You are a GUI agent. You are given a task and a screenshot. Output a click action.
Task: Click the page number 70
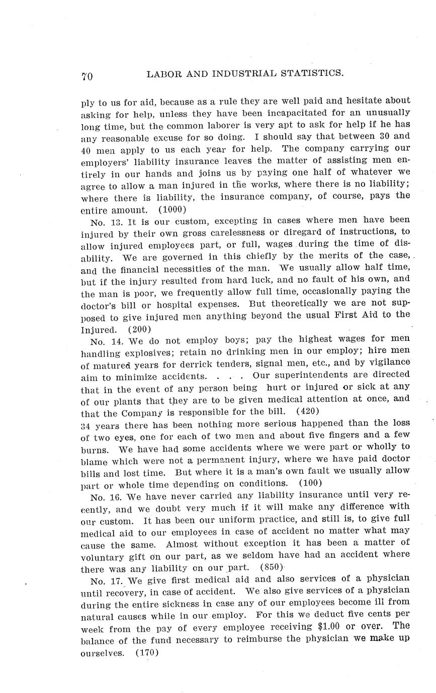click(x=87, y=76)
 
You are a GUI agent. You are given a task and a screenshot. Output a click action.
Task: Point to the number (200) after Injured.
click(x=139, y=330)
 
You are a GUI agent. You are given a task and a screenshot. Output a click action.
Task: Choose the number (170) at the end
click(x=147, y=653)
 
